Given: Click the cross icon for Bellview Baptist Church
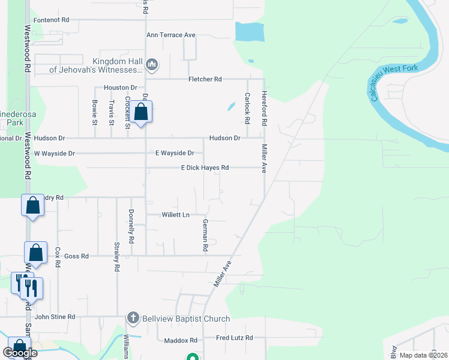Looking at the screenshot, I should (x=133, y=317).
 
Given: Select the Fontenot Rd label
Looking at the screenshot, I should (x=52, y=20).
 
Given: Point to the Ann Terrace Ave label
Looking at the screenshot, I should (x=171, y=35).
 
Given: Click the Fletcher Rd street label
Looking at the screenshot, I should (x=205, y=79).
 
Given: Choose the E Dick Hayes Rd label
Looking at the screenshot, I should (x=205, y=168).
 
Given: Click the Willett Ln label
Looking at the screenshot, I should (x=175, y=215).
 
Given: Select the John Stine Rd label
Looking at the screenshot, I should (x=55, y=317).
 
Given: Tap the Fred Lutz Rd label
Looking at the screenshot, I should (x=235, y=338).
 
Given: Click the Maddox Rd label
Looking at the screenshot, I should (x=181, y=341).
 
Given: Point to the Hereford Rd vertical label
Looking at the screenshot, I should (x=264, y=108).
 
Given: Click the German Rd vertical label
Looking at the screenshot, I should (x=205, y=235).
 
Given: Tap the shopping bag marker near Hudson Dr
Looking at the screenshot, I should (x=141, y=112).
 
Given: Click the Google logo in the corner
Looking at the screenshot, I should (x=20, y=353).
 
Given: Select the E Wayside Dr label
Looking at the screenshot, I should (x=175, y=154).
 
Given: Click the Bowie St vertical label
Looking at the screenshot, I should (x=95, y=113).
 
